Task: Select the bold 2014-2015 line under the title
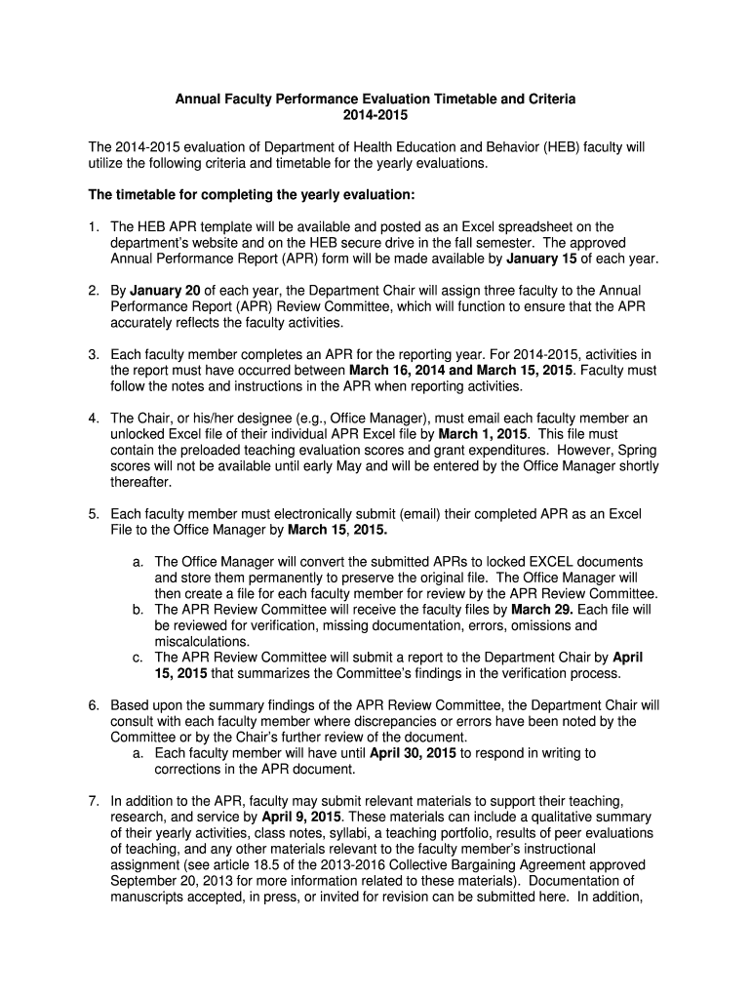[x=375, y=116]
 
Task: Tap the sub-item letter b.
[x=138, y=610]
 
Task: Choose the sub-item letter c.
[x=138, y=658]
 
